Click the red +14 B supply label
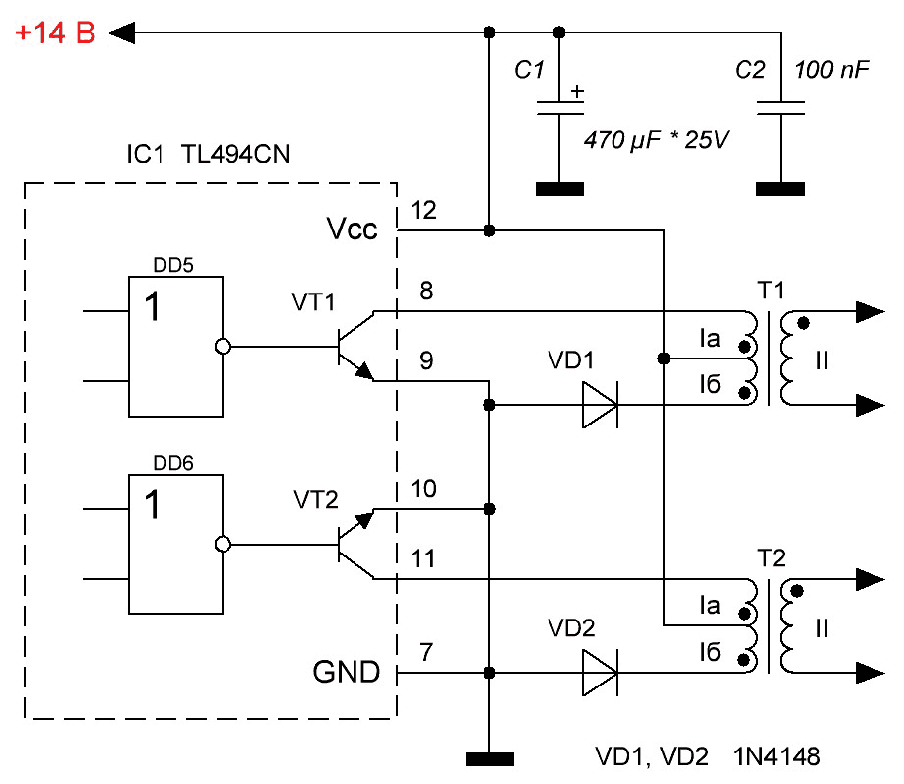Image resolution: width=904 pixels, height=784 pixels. click(x=55, y=33)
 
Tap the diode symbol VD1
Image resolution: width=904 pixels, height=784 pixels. click(x=600, y=405)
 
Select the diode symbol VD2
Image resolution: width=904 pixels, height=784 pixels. click(x=600, y=673)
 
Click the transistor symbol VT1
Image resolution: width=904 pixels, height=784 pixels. click(x=355, y=347)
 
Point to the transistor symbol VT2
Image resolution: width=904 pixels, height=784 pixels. click(x=355, y=545)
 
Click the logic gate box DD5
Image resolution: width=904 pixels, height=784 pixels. click(x=176, y=347)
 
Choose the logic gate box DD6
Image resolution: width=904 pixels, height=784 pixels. click(x=176, y=545)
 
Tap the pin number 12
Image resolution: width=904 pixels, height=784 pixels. click(x=423, y=211)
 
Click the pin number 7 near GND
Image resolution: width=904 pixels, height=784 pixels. click(x=426, y=653)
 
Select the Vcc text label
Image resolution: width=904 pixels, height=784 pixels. click(x=352, y=229)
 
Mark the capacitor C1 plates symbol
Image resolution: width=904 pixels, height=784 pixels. click(x=559, y=108)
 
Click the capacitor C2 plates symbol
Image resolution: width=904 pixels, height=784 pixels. click(x=781, y=108)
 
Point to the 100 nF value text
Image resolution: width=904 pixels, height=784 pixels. click(x=831, y=70)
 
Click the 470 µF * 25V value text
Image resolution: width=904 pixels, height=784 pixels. click(x=656, y=140)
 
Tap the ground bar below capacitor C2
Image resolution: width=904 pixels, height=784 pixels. click(x=781, y=189)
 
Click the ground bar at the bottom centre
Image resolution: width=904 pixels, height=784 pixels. click(x=489, y=759)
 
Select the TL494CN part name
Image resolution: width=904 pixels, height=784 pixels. click(x=235, y=154)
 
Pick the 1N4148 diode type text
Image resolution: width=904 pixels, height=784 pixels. click(x=777, y=756)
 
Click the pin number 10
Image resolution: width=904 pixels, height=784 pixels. click(x=423, y=489)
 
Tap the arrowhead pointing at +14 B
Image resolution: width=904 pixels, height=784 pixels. click(x=121, y=33)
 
